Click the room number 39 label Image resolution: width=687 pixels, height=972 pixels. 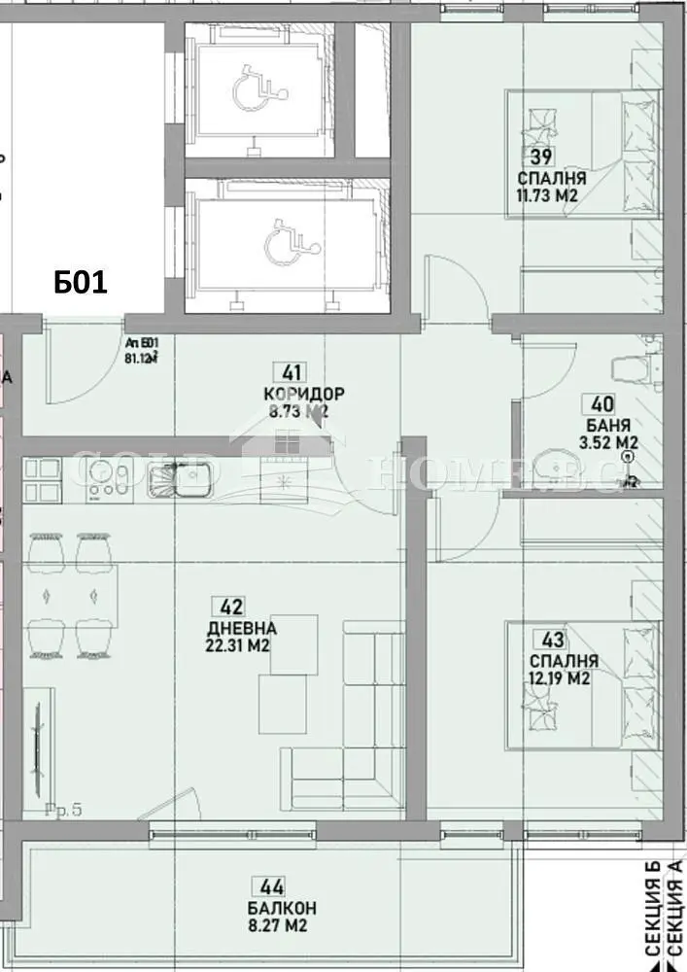point(540,158)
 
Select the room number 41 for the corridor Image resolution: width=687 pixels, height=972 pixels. point(291,371)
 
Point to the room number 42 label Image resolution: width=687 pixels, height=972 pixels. point(231,607)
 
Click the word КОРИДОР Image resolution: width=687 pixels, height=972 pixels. point(303,394)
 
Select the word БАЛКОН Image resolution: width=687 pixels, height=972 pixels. point(282,908)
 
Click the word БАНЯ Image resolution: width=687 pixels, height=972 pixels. point(608,425)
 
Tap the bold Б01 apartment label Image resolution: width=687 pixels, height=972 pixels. point(80,283)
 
